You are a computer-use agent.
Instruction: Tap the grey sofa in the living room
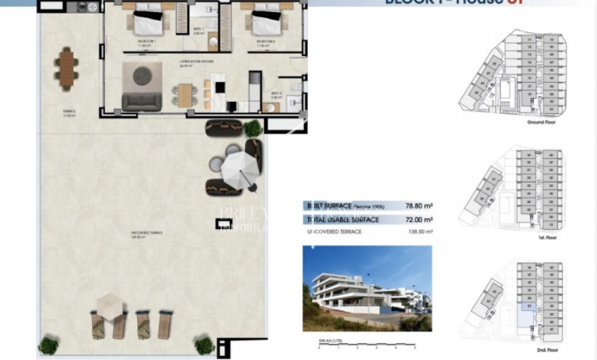[x=142, y=100]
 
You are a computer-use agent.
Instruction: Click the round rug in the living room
[x=145, y=76]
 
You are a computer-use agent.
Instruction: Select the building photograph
[x=367, y=288]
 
